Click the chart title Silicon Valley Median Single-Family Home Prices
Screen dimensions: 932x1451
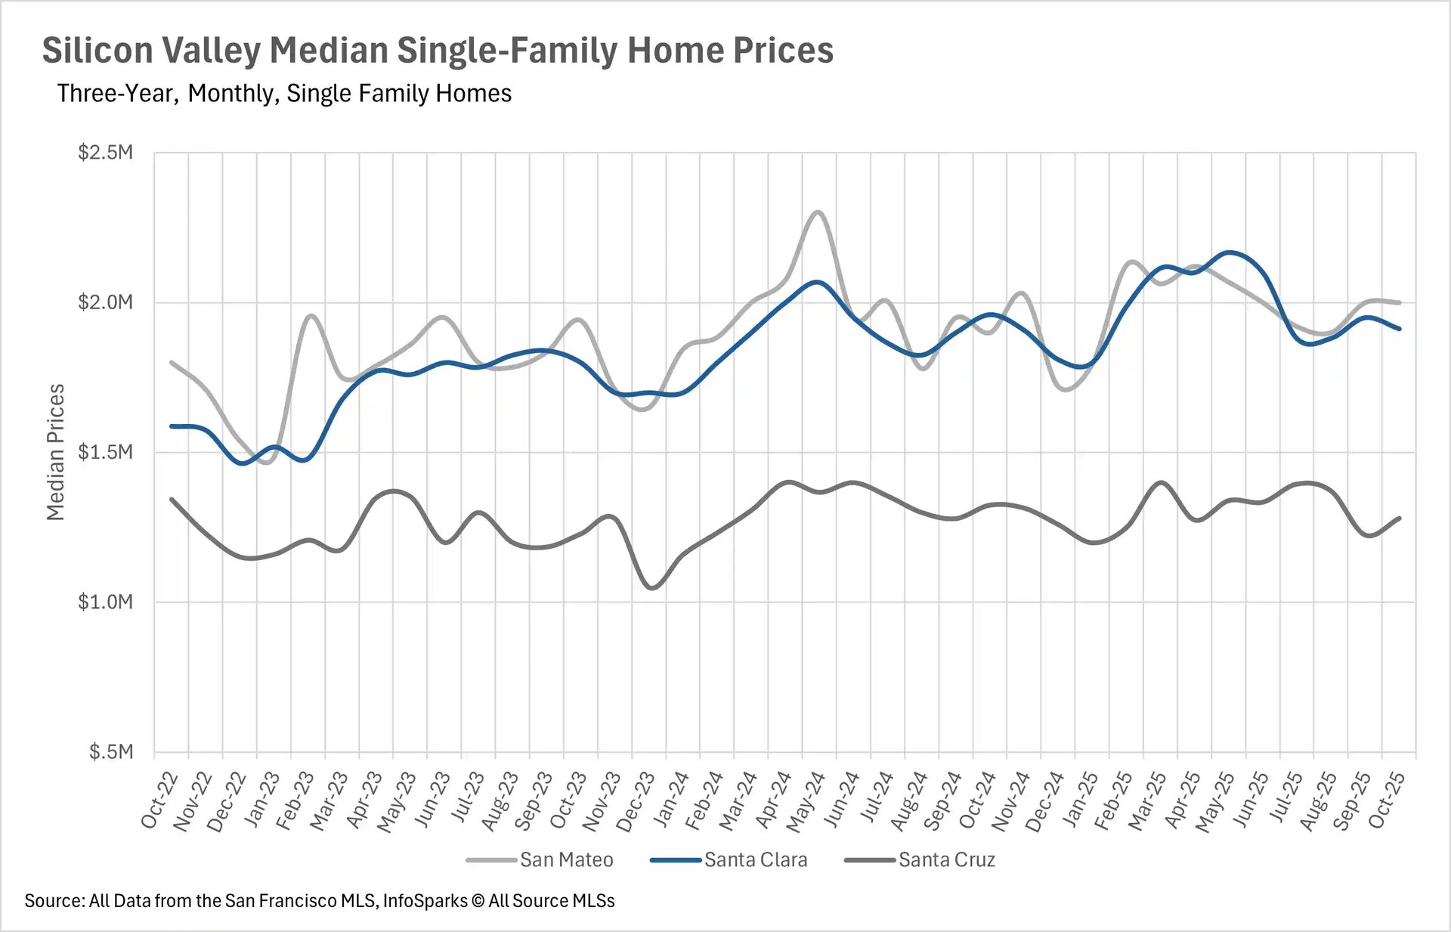point(437,51)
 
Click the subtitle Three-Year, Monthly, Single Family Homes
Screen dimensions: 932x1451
point(284,93)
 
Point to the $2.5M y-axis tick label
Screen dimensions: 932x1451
point(105,153)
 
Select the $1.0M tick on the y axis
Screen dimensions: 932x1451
point(105,602)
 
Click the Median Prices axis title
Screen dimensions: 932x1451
point(55,452)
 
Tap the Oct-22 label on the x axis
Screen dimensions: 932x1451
point(159,801)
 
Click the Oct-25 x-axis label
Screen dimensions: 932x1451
point(1388,801)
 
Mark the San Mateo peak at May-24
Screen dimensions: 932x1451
point(818,212)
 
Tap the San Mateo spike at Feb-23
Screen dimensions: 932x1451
point(311,316)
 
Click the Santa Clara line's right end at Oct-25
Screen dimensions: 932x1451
point(1400,329)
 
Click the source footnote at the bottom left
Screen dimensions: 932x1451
point(319,901)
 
